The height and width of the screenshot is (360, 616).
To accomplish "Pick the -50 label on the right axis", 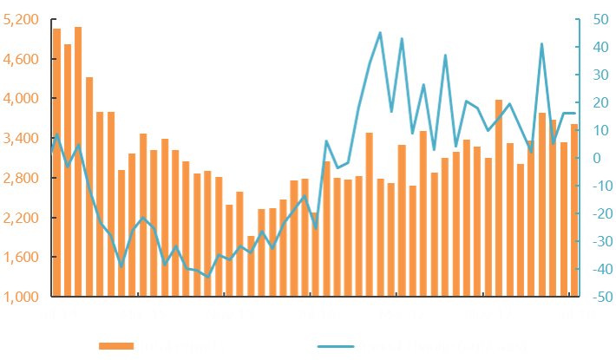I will tap(598, 297).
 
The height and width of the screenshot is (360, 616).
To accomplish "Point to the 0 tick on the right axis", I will tap(598, 158).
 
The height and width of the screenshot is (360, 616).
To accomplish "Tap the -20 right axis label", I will tap(598, 213).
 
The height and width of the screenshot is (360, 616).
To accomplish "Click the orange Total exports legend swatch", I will tap(117, 346).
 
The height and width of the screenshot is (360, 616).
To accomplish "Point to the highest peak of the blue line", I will tap(380, 33).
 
